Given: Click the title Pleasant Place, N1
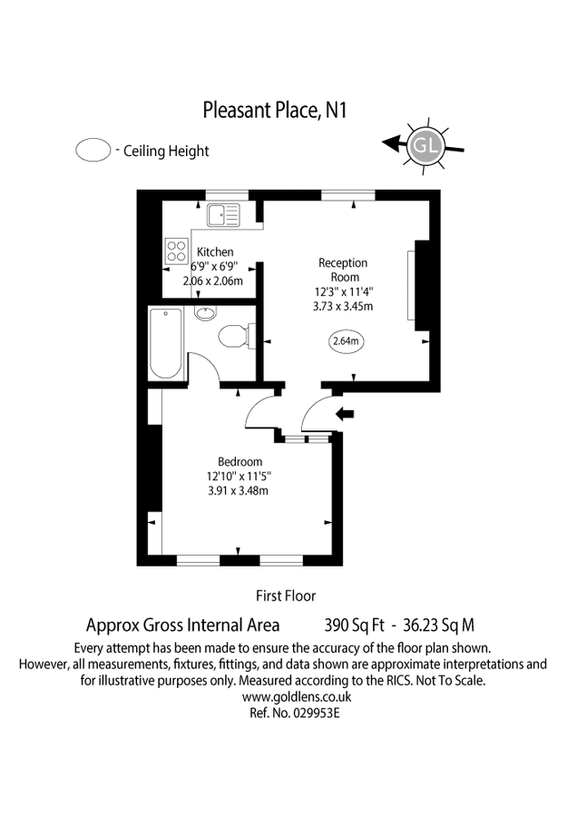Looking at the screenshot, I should coord(275,111).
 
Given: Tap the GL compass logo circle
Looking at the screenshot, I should coord(424,144).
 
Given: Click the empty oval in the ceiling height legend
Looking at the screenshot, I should coord(93,150).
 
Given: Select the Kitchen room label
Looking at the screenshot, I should coord(214,251).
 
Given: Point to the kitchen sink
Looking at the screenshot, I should coord(222,216).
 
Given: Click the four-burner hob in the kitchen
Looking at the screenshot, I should coord(176,251).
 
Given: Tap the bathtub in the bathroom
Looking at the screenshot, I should coord(165,344).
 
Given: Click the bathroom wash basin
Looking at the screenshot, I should coord(205,314).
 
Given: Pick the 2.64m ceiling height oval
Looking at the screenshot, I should coord(346,342).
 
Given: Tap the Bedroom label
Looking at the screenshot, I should coord(240,461).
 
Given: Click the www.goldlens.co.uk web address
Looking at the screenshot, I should coord(297,697).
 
